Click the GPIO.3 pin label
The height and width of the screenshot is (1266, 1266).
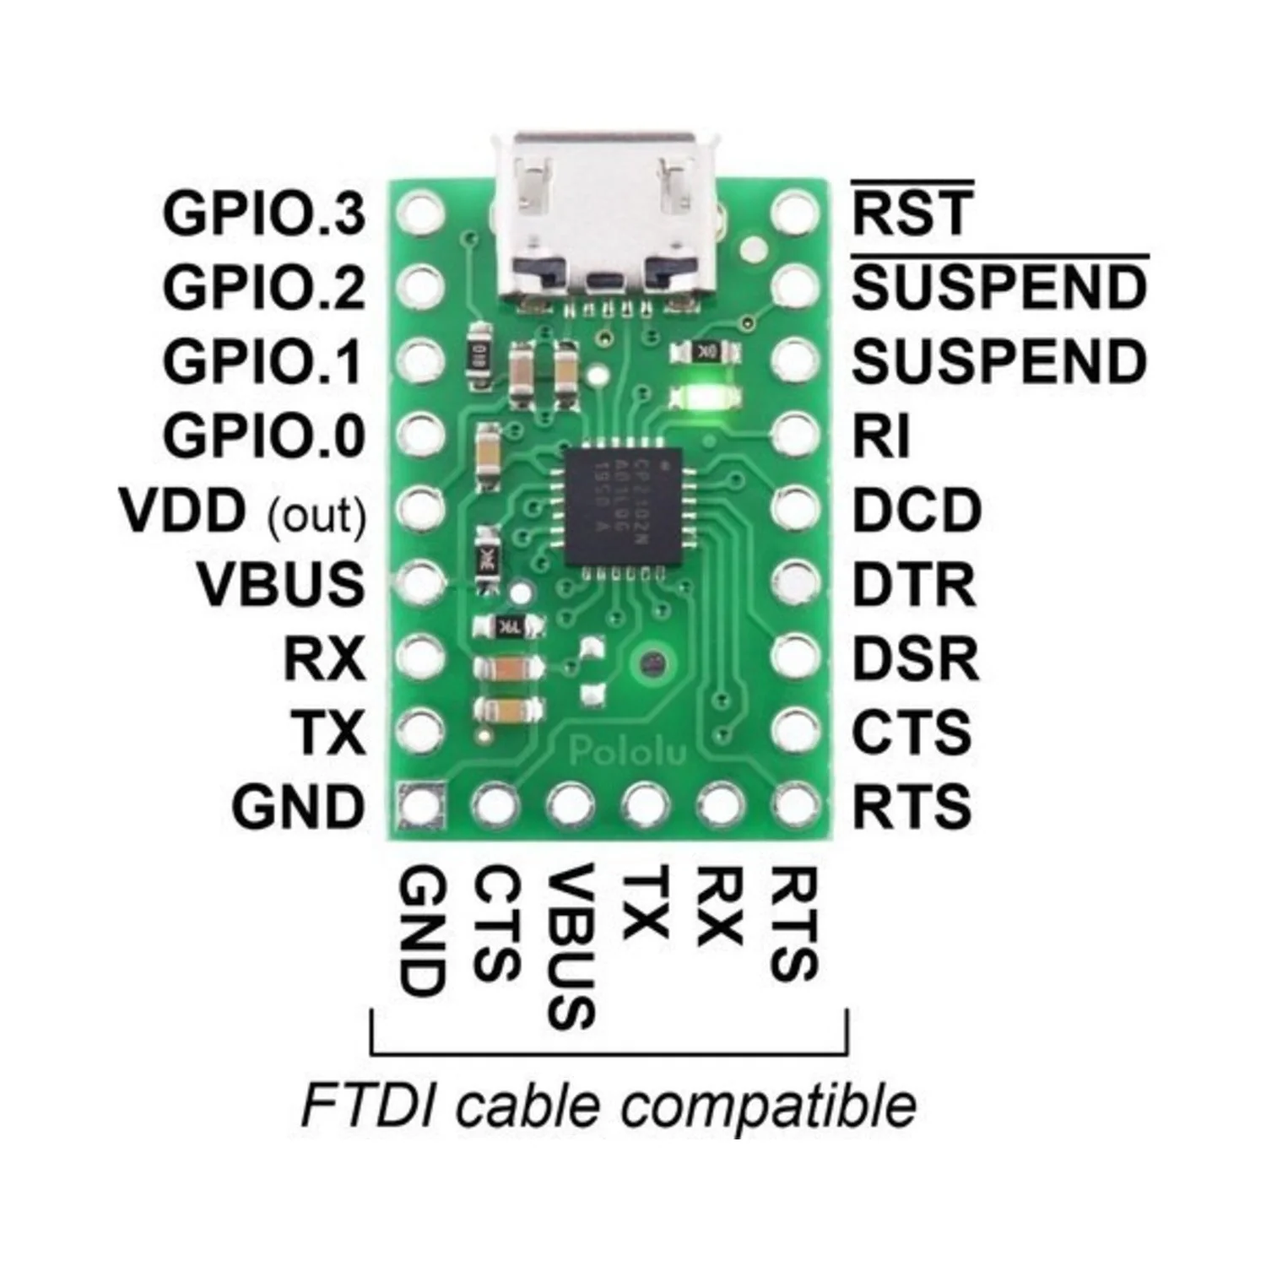coord(264,214)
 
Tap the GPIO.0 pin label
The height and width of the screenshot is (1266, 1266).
coord(264,436)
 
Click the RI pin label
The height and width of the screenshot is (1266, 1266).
coord(881,436)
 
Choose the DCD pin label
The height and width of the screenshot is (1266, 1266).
coord(917,511)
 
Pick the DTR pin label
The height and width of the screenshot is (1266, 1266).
coord(914,584)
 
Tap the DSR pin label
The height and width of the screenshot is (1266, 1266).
coord(916,658)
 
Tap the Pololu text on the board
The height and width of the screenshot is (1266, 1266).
coord(628,749)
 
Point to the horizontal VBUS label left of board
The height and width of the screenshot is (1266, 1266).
coord(281,584)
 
